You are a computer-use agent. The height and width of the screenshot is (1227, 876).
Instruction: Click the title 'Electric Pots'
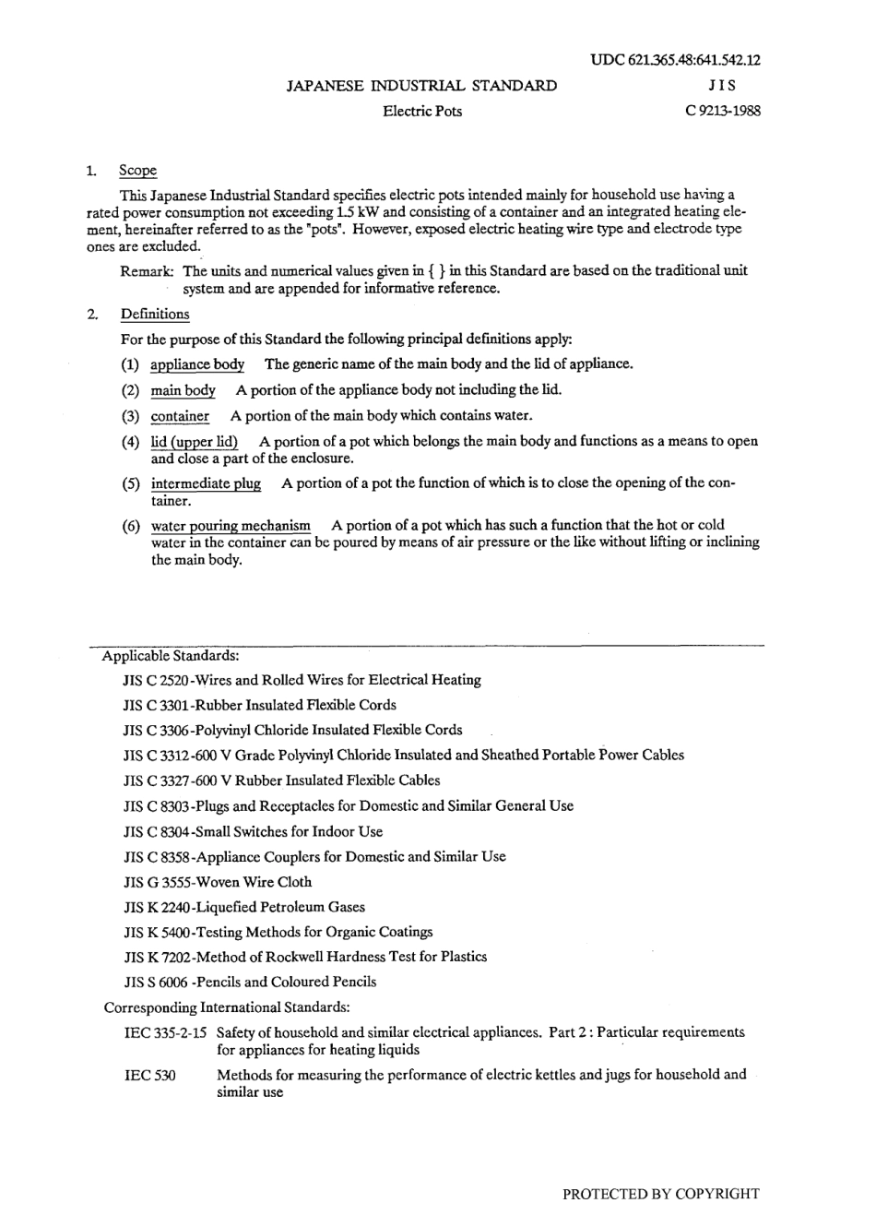pyautogui.click(x=422, y=112)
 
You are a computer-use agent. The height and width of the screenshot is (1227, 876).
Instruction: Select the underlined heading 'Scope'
pyautogui.click(x=137, y=171)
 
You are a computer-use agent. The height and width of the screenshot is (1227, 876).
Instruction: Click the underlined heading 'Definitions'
pyautogui.click(x=155, y=314)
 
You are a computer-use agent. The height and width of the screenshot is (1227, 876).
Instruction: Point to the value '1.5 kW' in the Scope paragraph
pyautogui.click(x=354, y=211)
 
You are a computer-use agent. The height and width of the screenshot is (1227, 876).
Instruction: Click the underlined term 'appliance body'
pyautogui.click(x=197, y=364)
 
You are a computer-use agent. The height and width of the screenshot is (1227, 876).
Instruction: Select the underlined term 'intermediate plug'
pyautogui.click(x=206, y=483)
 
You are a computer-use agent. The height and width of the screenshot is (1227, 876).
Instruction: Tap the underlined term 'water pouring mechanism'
pyautogui.click(x=231, y=526)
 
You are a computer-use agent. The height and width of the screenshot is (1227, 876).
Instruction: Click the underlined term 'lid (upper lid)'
pyautogui.click(x=195, y=441)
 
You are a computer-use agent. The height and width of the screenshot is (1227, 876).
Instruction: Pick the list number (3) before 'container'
pyautogui.click(x=130, y=416)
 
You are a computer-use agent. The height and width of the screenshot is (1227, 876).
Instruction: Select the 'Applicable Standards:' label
pyautogui.click(x=171, y=656)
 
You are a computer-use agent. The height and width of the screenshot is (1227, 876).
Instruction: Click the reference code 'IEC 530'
pyautogui.click(x=149, y=1075)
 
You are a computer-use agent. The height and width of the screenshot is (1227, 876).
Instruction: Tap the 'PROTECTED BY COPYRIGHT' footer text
pyautogui.click(x=660, y=1194)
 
